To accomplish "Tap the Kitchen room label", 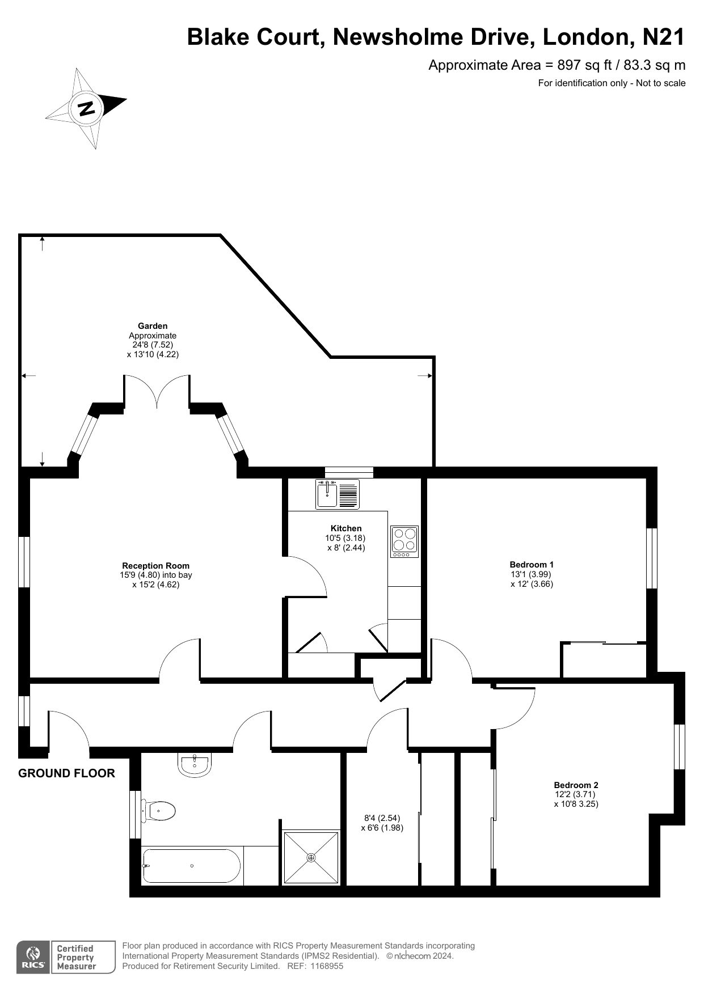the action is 346,528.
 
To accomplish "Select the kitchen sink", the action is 338,494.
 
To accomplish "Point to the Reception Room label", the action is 156,566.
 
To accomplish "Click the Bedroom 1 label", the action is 532,565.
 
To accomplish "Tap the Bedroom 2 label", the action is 576,785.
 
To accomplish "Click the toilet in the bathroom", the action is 158,811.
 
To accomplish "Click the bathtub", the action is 191,866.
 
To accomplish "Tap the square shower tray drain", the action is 311,858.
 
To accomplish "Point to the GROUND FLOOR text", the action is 67,773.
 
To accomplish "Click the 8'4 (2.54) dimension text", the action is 382,818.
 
